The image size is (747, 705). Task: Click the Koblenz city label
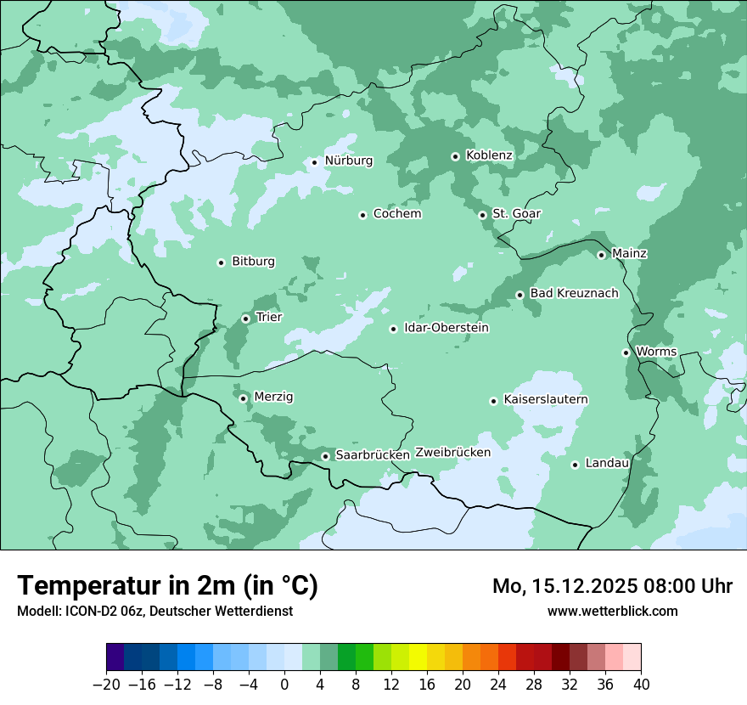tap(489, 155)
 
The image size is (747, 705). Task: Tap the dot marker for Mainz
tap(601, 255)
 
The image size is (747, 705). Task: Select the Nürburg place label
tap(348, 161)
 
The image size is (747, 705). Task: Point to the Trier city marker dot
tap(245, 319)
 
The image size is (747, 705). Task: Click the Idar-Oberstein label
tap(447, 328)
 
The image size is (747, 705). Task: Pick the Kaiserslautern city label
tap(546, 399)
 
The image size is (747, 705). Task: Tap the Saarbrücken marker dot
tap(325, 456)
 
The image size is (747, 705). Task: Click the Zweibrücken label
tap(453, 453)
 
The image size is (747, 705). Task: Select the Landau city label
tap(607, 463)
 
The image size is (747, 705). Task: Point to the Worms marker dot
tap(626, 352)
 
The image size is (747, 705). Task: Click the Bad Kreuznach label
tap(574, 293)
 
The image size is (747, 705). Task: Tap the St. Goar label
tap(516, 214)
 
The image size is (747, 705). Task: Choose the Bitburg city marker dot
tap(221, 262)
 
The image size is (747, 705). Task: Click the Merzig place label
tap(274, 397)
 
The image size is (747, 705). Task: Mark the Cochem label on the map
tap(397, 214)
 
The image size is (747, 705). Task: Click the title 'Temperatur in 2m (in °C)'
tap(167, 585)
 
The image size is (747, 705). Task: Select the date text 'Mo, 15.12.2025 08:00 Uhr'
tap(612, 586)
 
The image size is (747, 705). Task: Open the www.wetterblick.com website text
tap(612, 611)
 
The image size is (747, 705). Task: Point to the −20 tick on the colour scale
tap(106, 684)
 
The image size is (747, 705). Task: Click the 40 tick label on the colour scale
tap(641, 684)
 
